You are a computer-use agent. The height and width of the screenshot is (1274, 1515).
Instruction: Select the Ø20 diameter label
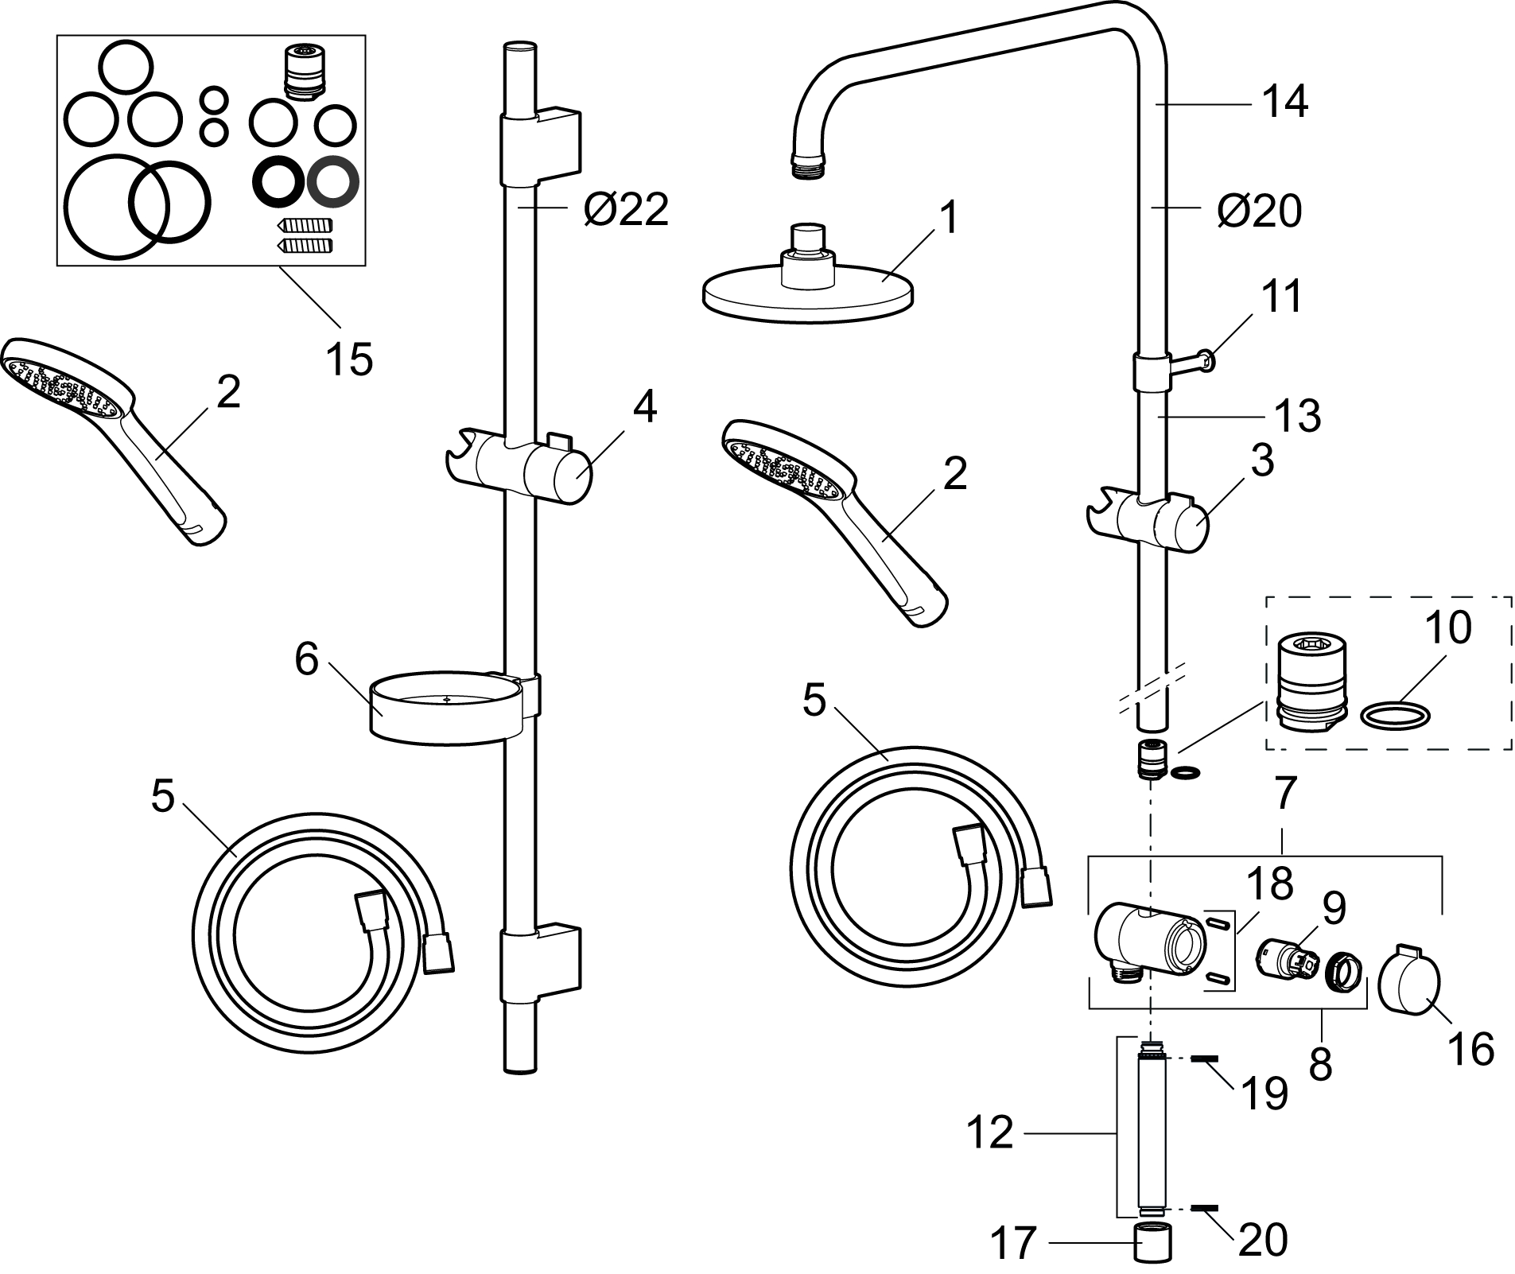click(x=1259, y=211)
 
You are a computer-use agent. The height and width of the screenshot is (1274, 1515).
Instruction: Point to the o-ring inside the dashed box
click(x=1397, y=715)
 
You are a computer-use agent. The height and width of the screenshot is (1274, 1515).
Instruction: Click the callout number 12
click(x=991, y=1132)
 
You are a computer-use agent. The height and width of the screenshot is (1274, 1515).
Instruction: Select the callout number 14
click(x=1285, y=103)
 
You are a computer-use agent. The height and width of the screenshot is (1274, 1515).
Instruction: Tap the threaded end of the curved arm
click(x=809, y=165)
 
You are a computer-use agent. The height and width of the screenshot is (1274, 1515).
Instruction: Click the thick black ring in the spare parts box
click(x=278, y=181)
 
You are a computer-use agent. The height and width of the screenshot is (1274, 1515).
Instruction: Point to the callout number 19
click(x=1264, y=1094)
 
